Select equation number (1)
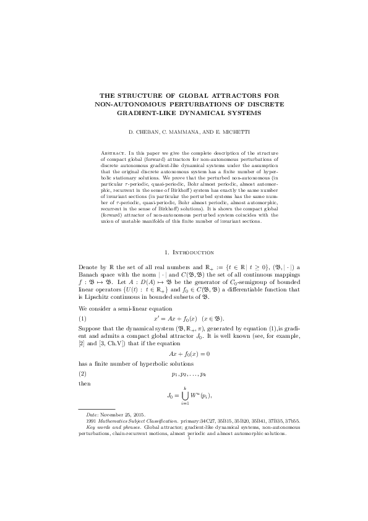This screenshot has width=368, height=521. point(82,317)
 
